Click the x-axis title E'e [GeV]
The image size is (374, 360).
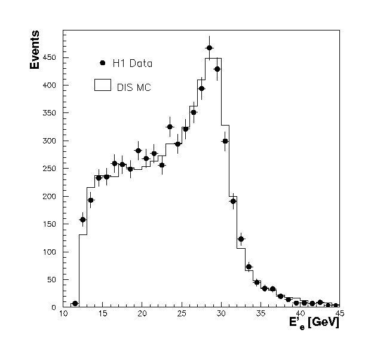(314, 323)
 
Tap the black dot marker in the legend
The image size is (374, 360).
(103, 62)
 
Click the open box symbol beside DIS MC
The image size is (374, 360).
(103, 85)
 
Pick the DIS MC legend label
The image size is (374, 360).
(134, 87)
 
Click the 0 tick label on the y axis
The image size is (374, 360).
(53, 307)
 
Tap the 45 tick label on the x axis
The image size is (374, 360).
(339, 312)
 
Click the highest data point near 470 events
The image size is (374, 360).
(209, 48)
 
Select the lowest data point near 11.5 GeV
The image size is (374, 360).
(75, 304)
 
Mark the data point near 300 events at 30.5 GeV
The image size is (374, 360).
(225, 141)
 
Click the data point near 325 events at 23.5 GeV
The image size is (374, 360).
(170, 127)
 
